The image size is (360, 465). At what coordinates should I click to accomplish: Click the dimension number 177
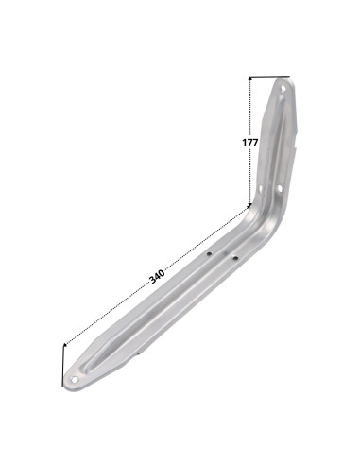[250, 143]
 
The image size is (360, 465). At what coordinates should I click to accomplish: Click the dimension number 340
[157, 276]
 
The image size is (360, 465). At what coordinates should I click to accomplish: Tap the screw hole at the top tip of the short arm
[283, 89]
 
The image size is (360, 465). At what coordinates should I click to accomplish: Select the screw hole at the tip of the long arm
[75, 379]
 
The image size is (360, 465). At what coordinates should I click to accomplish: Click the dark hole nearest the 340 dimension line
[209, 253]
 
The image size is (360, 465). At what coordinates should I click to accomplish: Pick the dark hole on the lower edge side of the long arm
[235, 258]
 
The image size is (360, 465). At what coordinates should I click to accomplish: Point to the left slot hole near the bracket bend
[260, 189]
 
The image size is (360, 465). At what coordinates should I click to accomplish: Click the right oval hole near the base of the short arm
[280, 188]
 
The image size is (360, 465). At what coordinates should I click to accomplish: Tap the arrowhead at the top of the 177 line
[250, 79]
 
